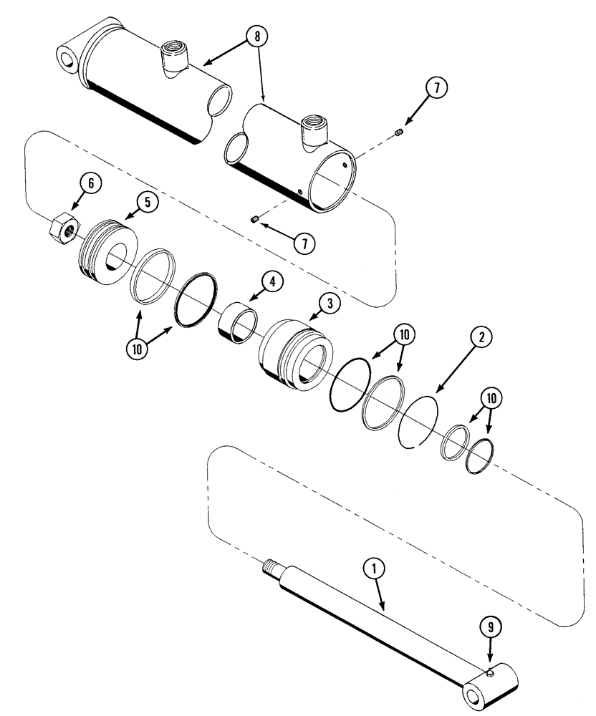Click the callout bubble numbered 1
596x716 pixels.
(x=375, y=569)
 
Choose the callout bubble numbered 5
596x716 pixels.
(x=148, y=203)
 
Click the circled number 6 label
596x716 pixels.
(x=90, y=183)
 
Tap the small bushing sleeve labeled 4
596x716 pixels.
(x=236, y=324)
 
